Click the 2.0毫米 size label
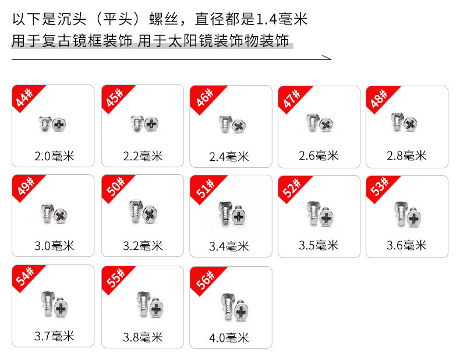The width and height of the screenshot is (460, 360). click(x=54, y=156)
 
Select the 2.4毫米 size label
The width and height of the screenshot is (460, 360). click(x=229, y=157)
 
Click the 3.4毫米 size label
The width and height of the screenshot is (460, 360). click(x=229, y=246)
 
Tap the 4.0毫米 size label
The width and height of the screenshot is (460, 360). click(x=229, y=338)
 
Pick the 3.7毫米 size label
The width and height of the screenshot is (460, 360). click(x=54, y=336)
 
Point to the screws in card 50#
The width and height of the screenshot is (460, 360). click(x=141, y=212)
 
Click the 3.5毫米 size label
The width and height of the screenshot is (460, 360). click(x=319, y=245)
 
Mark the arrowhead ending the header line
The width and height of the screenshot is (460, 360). click(x=328, y=58)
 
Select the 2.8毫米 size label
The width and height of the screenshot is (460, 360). click(x=406, y=156)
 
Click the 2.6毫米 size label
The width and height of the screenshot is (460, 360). click(x=319, y=156)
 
